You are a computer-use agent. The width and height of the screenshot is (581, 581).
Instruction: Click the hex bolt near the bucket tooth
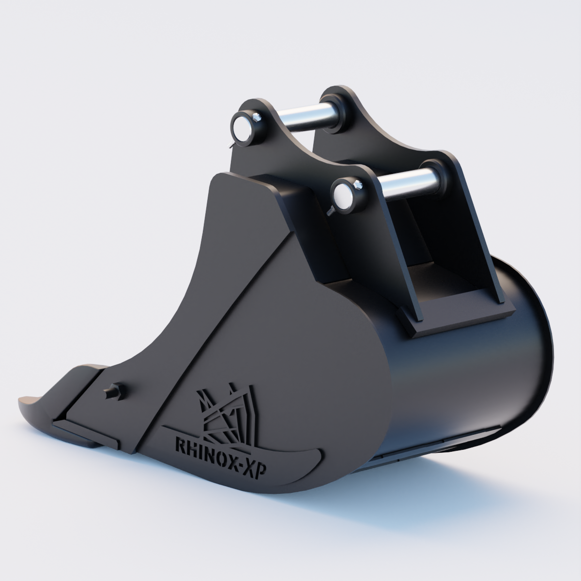(115, 391)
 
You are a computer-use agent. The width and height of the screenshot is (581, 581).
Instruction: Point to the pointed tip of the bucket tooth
(22, 400)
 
